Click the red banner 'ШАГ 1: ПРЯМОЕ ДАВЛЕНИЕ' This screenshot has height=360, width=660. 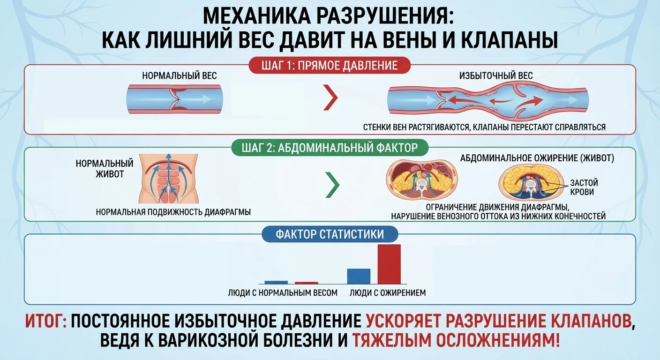[330, 66]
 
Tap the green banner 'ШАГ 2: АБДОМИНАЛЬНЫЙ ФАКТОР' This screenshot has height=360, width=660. [330, 147]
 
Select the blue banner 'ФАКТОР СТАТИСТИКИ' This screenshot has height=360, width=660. [330, 234]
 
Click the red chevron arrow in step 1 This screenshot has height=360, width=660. [330, 97]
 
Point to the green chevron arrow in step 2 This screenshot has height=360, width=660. [333, 185]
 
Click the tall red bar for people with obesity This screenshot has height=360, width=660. [389, 264]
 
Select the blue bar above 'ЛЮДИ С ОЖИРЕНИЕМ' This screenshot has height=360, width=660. [359, 277]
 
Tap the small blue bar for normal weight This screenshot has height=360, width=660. [276, 283]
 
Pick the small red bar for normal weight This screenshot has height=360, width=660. [307, 283]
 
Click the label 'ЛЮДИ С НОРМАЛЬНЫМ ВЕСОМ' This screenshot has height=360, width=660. [283, 293]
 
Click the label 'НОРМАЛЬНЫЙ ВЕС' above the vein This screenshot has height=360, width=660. [180, 76]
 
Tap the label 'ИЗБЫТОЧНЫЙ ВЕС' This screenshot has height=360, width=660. [496, 76]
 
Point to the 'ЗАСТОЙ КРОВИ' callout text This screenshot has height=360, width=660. [584, 187]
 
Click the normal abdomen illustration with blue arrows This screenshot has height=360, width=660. [169, 179]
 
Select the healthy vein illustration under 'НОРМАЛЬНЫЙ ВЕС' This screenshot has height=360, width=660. [175, 99]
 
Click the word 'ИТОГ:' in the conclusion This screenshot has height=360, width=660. [46, 321]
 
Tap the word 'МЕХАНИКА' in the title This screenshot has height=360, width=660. [256, 16]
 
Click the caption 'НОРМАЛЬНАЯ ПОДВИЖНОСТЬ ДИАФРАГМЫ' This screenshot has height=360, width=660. [173, 212]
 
